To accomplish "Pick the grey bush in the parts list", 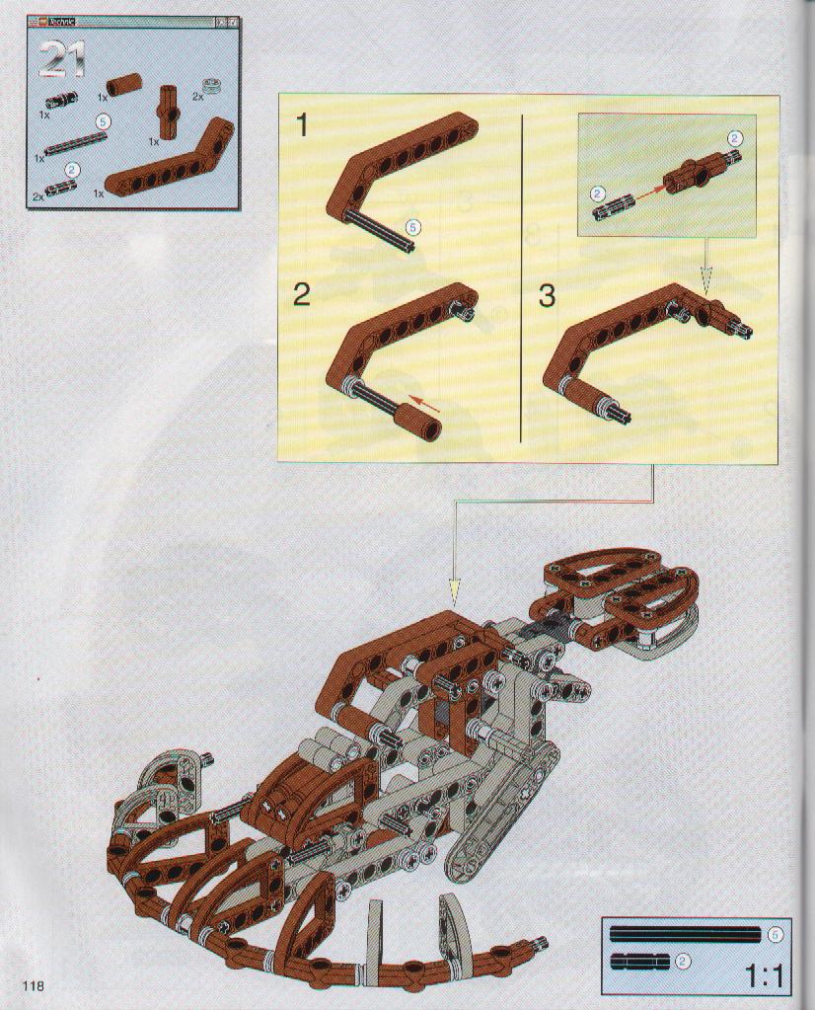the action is [x=211, y=85].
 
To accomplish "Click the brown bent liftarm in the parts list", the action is [x=171, y=158].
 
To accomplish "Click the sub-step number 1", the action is [x=302, y=125].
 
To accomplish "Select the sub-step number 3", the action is [x=546, y=295].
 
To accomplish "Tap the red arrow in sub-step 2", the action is [x=425, y=404].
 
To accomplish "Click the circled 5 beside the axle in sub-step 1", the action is [x=413, y=227].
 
